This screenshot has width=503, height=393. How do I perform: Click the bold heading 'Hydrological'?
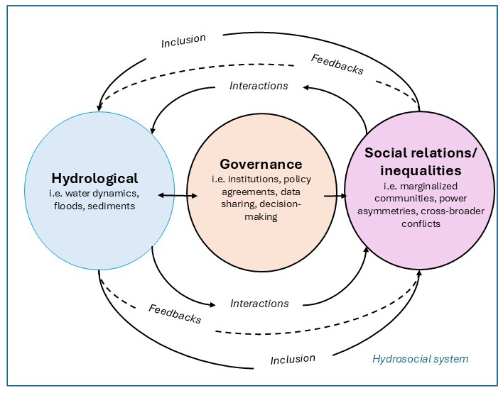(x=94, y=179)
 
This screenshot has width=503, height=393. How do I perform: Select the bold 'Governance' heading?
(x=261, y=164)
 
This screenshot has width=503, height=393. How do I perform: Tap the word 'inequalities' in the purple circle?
(x=421, y=170)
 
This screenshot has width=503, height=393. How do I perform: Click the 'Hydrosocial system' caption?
(x=421, y=359)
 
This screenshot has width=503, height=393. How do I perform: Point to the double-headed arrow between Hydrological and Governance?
(x=178, y=195)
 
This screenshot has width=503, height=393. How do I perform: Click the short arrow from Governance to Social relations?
(x=335, y=195)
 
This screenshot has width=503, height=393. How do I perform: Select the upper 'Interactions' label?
(x=259, y=86)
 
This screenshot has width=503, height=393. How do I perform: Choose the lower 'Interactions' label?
(x=259, y=304)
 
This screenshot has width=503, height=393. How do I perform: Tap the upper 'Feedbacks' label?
(x=337, y=65)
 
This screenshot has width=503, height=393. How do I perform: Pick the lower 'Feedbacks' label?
(x=175, y=314)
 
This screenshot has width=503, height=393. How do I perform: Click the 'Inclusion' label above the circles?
(x=183, y=40)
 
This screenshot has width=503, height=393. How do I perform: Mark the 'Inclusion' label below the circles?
(x=293, y=360)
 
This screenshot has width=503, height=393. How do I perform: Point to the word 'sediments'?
(x=111, y=206)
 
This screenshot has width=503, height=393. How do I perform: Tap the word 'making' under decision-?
(x=261, y=217)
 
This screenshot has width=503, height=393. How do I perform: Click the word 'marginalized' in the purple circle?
(x=428, y=186)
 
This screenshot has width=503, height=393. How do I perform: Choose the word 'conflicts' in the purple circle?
(x=421, y=223)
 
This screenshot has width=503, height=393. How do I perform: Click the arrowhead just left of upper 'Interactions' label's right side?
(x=306, y=87)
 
